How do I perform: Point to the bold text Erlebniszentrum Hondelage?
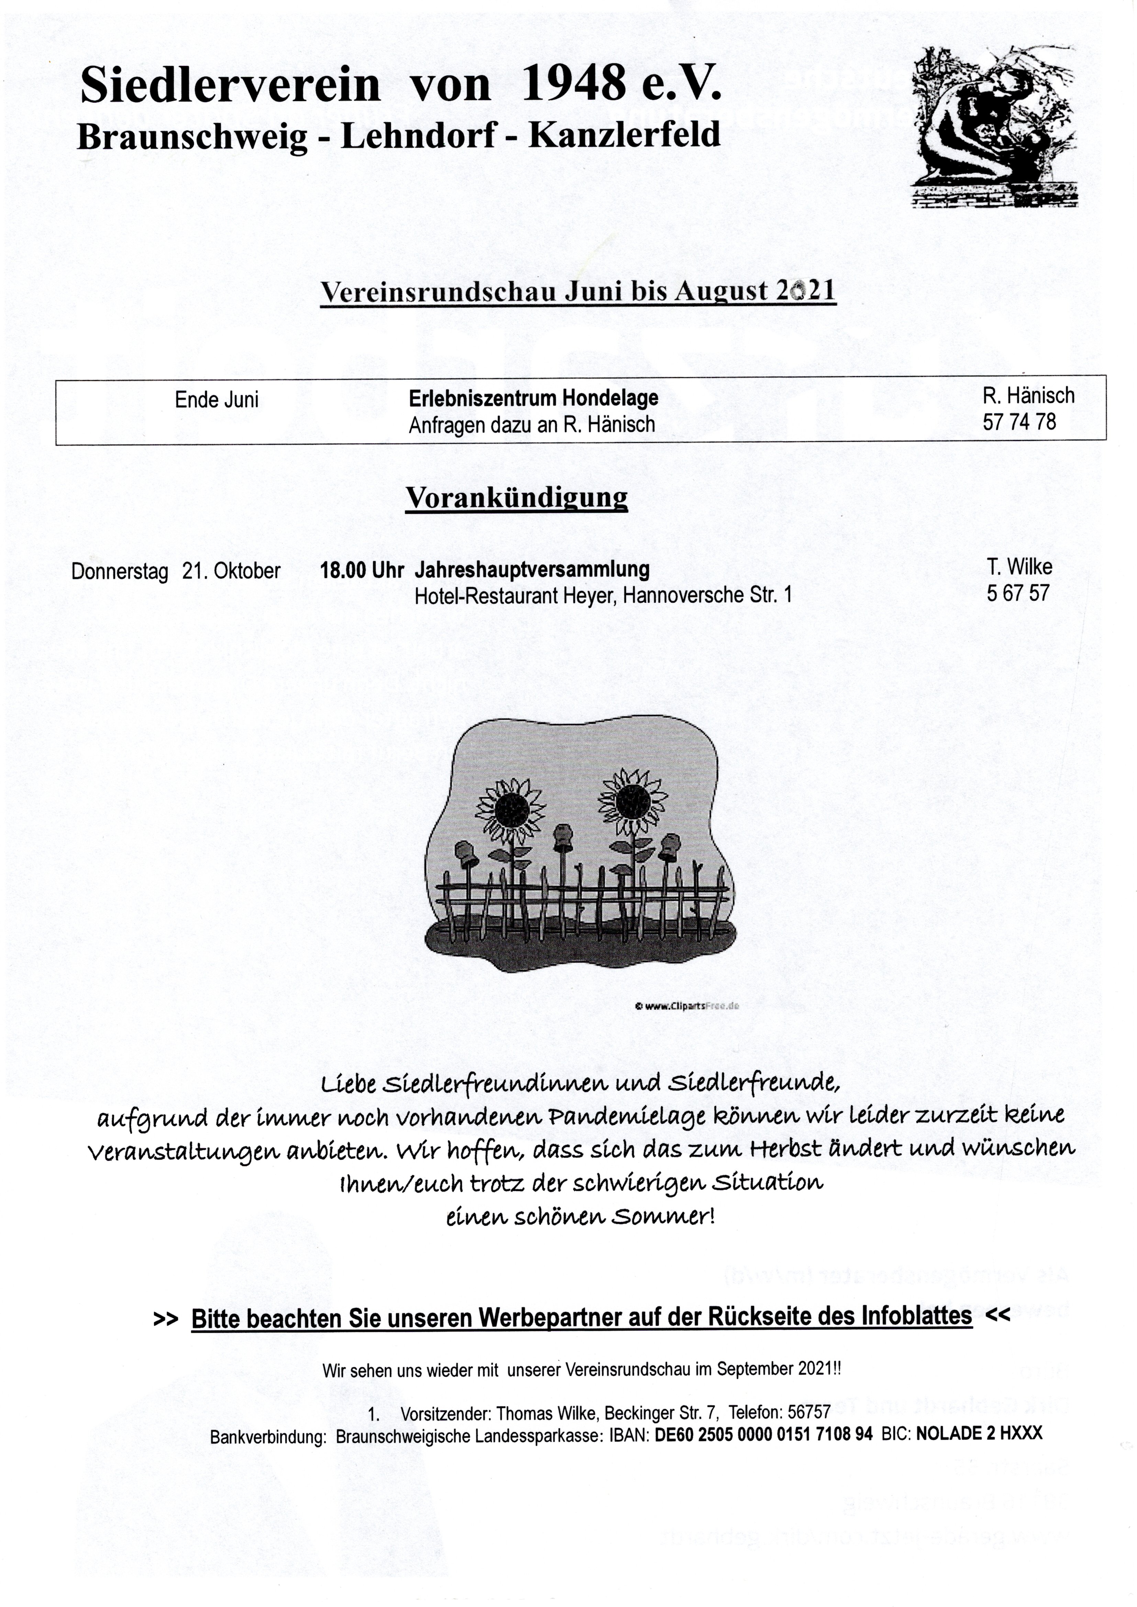pyautogui.click(x=533, y=398)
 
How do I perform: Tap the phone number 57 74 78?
pyautogui.click(x=1019, y=422)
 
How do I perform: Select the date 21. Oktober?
pyautogui.click(x=231, y=571)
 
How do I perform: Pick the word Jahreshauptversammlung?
pyautogui.click(x=532, y=570)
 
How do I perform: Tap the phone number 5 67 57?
pyautogui.click(x=1018, y=594)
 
